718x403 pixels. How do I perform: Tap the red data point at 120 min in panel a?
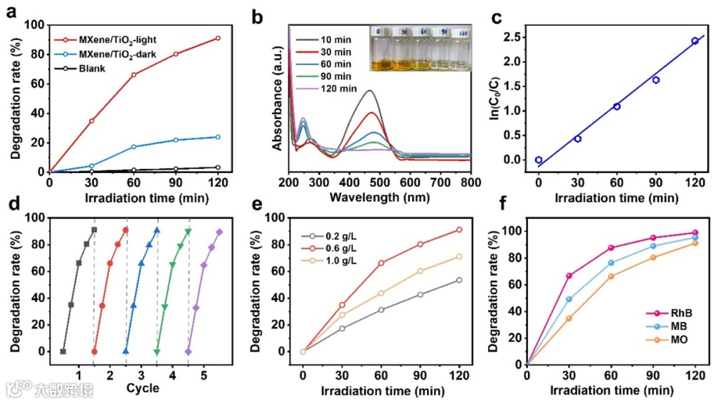pyautogui.click(x=217, y=39)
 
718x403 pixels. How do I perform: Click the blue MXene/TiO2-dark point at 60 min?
pyautogui.click(x=134, y=146)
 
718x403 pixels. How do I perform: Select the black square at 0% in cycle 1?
pyautogui.click(x=63, y=351)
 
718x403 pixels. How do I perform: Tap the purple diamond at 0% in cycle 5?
pyautogui.click(x=188, y=351)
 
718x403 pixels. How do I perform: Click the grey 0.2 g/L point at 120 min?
pyautogui.click(x=459, y=280)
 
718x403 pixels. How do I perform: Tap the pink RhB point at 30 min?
pyautogui.click(x=569, y=275)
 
